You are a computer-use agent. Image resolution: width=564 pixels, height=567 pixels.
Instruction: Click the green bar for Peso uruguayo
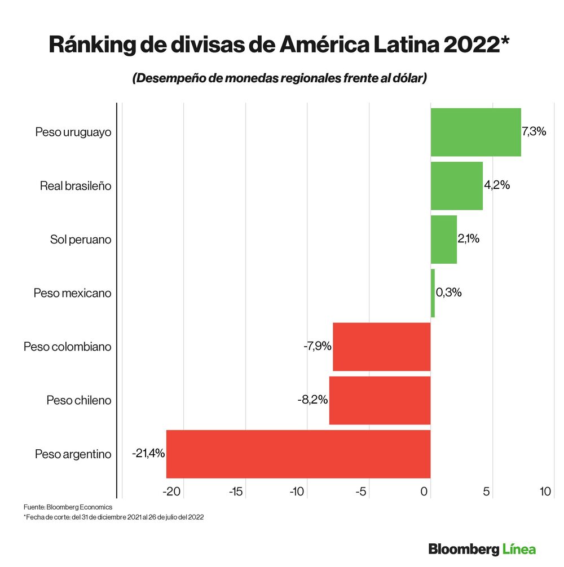pos(475,132)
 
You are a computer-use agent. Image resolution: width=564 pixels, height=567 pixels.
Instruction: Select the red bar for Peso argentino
pos(298,454)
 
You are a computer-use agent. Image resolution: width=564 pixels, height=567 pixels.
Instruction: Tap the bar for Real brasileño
pos(456,185)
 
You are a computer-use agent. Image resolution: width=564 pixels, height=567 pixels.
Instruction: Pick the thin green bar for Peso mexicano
pos(433,293)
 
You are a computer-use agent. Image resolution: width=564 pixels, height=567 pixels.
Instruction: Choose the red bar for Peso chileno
pos(380,400)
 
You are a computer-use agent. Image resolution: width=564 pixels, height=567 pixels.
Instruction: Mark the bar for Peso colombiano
pos(382,347)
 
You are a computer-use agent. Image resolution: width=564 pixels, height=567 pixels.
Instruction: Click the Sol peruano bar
pos(443,239)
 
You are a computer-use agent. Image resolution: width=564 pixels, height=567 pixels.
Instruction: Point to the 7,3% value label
pos(534,132)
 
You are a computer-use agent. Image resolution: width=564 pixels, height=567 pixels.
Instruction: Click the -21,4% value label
pos(148,453)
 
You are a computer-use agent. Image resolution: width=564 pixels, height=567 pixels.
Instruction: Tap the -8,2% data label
pos(312,400)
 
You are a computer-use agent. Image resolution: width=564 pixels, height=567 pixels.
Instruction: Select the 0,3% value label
pos(449,293)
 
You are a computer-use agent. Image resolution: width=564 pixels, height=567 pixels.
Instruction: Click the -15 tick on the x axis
pos(236,491)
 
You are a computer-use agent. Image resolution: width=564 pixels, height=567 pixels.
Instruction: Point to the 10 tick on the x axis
pos(545,491)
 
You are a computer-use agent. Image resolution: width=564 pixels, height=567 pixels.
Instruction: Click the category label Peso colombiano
pos(67,347)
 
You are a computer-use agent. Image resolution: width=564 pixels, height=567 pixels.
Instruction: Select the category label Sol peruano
pos(81,240)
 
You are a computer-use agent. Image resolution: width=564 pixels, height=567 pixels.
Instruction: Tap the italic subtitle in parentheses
pos(279,78)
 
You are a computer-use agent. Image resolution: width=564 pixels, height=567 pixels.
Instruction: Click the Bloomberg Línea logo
pos(482,548)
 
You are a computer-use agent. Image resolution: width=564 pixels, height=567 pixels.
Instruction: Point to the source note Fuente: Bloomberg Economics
pos(68,507)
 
